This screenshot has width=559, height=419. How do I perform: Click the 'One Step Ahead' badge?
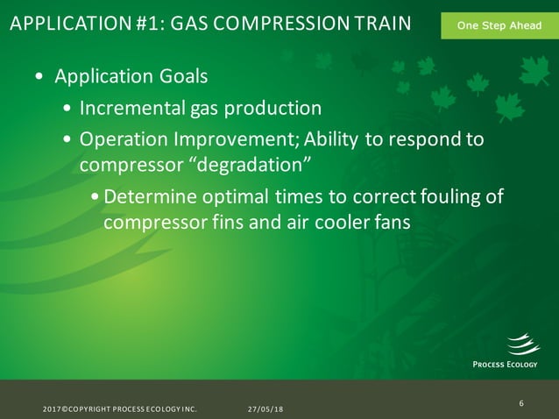pos(499,26)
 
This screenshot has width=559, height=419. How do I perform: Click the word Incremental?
pos(131,109)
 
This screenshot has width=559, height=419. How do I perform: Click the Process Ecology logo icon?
pos(523,344)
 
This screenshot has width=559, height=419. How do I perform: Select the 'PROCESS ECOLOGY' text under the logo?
pos(506,365)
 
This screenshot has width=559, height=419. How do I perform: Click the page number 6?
pos(521,403)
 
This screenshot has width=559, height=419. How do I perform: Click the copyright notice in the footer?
pos(120,409)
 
